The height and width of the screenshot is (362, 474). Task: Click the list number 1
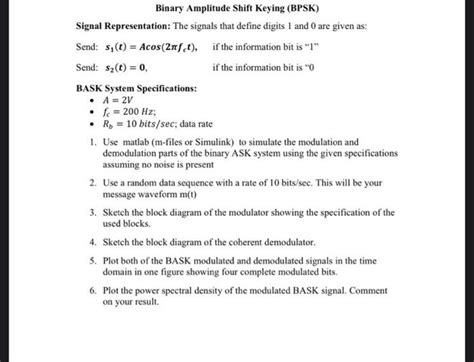click(92, 145)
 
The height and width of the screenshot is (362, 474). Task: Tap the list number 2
click(92, 185)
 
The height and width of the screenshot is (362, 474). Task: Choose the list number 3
click(92, 213)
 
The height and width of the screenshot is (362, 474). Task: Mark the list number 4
click(92, 242)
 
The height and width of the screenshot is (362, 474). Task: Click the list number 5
click(92, 258)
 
